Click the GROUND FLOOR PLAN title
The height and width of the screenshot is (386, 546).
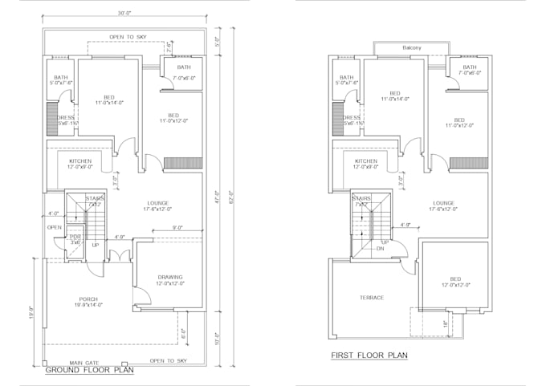(88, 370)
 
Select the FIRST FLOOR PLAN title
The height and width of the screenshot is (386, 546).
(369, 354)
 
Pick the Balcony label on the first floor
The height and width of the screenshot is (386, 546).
(412, 47)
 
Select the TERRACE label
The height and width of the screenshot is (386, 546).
(372, 298)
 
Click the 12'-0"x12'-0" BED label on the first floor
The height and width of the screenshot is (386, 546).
(455, 280)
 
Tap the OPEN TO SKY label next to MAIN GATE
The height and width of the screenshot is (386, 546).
(168, 361)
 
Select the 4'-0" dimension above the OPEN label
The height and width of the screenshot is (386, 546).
(54, 213)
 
